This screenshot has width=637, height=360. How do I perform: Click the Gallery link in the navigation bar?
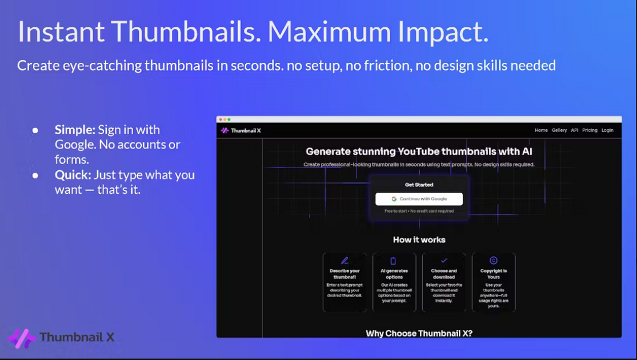pyautogui.click(x=559, y=130)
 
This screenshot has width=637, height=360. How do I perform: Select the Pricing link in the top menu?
pyautogui.click(x=590, y=130)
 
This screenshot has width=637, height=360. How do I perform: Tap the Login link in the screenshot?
pyautogui.click(x=607, y=130)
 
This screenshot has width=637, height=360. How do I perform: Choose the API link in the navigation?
pyautogui.click(x=574, y=130)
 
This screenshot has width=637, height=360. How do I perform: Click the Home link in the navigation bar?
pyautogui.click(x=541, y=130)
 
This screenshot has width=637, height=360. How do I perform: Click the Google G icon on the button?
pyautogui.click(x=394, y=199)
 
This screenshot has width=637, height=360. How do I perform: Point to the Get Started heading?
pyautogui.click(x=419, y=185)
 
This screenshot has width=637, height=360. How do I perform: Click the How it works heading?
pyautogui.click(x=419, y=240)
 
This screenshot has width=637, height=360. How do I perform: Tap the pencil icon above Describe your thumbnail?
pyautogui.click(x=344, y=261)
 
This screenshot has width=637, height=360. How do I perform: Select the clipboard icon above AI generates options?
pyautogui.click(x=394, y=261)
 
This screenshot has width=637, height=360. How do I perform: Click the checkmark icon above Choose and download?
pyautogui.click(x=444, y=261)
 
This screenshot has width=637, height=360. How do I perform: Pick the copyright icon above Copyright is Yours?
pyautogui.click(x=494, y=261)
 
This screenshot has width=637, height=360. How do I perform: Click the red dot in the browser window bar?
pyautogui.click(x=219, y=119)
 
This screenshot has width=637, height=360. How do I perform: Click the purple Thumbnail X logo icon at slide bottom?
pyautogui.click(x=22, y=338)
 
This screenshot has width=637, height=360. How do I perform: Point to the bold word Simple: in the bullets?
pyautogui.click(x=75, y=130)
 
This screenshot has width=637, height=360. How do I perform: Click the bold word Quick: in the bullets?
pyautogui.click(x=73, y=174)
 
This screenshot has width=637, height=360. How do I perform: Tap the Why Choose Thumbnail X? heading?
pyautogui.click(x=419, y=333)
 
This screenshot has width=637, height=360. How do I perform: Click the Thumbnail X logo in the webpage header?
pyautogui.click(x=241, y=130)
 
